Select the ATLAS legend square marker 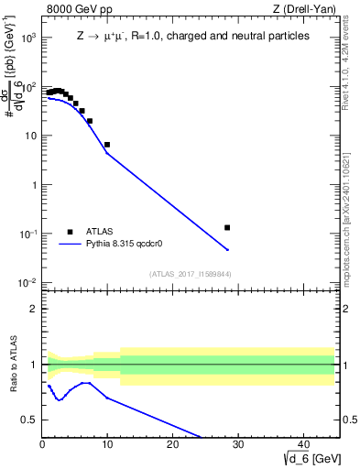(x=70, y=233)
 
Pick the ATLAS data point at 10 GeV (x=107, y=145)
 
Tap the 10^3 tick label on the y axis (x=27, y=38)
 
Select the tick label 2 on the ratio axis (x=33, y=309)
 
